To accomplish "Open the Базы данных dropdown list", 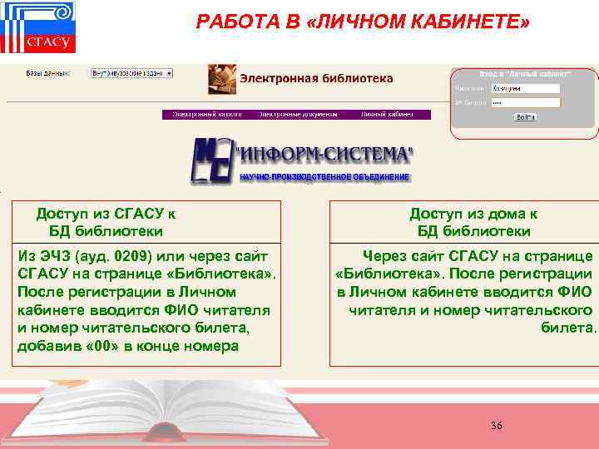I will tap(131, 73).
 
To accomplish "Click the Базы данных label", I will tap(48, 73).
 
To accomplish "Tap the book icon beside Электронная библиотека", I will tap(220, 80).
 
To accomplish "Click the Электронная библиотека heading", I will tap(317, 78).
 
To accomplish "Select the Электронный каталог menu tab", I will tap(207, 115).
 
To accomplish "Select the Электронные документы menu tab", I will tap(298, 115).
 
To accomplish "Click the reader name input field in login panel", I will tap(524, 88).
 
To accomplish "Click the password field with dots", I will tap(524, 102).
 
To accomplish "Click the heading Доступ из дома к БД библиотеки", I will tap(473, 222).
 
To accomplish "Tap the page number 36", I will tap(497, 426).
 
